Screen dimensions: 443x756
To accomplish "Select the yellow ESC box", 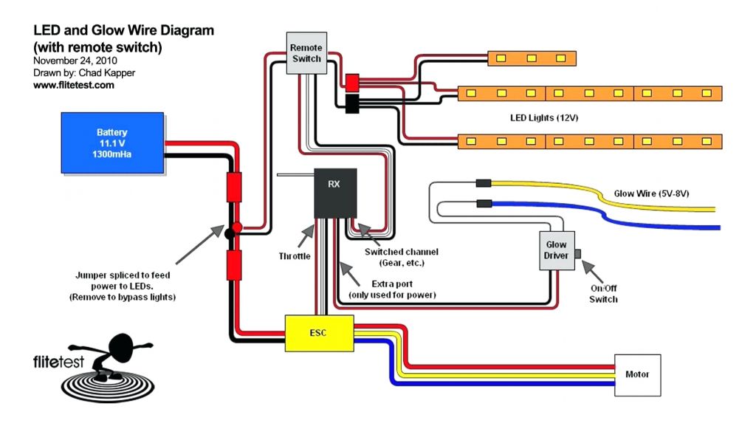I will point(320,332).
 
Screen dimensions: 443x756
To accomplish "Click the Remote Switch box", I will point(306,52).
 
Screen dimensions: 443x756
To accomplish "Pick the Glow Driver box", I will point(556,250).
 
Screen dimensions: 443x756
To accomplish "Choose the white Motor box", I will point(637,375).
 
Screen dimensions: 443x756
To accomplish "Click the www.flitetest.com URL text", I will point(74,85).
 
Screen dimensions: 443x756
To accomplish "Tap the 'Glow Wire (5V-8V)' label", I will point(652,194).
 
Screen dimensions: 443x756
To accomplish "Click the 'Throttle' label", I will point(295,256).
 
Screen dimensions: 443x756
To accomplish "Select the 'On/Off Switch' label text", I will point(603,294).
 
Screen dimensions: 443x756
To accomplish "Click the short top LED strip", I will point(532,58).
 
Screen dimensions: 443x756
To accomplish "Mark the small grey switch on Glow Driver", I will point(578,254).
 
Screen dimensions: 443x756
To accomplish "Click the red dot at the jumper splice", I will point(238,227).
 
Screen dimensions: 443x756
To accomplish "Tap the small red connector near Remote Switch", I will point(352,81).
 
